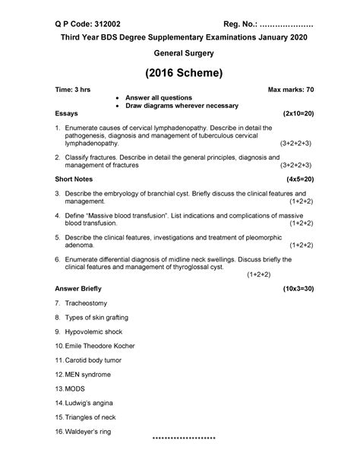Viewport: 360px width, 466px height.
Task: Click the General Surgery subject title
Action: (x=180, y=54)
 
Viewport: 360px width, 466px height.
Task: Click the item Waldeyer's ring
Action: (x=94, y=432)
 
